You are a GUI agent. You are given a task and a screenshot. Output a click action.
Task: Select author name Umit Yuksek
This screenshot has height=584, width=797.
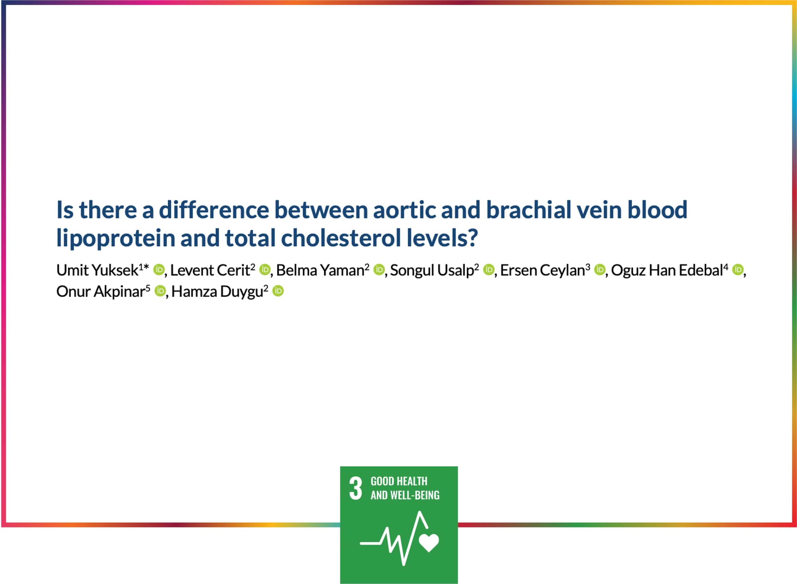98,271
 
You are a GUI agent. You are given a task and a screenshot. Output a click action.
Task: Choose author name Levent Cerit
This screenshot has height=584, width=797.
210,271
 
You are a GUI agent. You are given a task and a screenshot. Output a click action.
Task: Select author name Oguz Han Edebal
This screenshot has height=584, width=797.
667,271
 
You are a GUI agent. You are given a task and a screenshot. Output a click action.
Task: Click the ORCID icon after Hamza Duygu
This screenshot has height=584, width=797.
278,291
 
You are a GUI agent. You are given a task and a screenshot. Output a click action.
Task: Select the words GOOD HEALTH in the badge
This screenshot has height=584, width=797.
399,482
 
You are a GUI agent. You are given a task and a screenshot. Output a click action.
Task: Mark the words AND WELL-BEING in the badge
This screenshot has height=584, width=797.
405,495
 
